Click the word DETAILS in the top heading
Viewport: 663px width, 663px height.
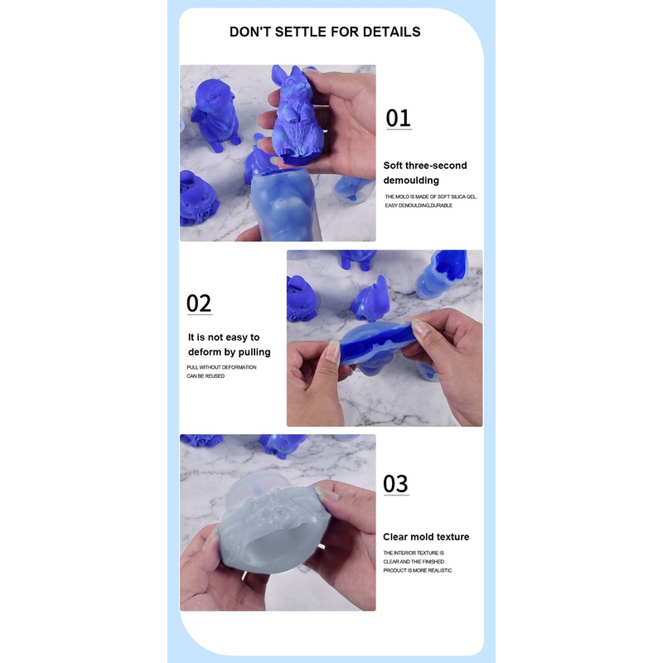pyautogui.click(x=391, y=31)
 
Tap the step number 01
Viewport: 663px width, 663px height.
pyautogui.click(x=399, y=118)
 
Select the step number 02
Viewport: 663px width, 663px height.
pyautogui.click(x=199, y=303)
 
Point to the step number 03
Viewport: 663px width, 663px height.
pyautogui.click(x=396, y=483)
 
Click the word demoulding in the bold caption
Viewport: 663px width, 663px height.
pyautogui.click(x=411, y=181)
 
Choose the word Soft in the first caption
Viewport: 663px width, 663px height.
pyautogui.click(x=392, y=165)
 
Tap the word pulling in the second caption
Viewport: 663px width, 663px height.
pyautogui.click(x=254, y=352)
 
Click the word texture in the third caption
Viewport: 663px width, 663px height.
pyautogui.click(x=453, y=536)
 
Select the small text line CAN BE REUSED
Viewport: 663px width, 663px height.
pyautogui.click(x=206, y=376)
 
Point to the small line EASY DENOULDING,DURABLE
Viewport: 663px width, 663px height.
pyautogui.click(x=419, y=206)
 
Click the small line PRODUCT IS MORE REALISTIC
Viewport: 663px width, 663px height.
pyautogui.click(x=418, y=570)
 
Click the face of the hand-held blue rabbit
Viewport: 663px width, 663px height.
pyautogui.click(x=296, y=89)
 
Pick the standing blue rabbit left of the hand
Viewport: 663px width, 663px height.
pyautogui.click(x=214, y=114)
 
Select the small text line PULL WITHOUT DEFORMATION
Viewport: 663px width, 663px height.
pyautogui.click(x=221, y=367)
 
